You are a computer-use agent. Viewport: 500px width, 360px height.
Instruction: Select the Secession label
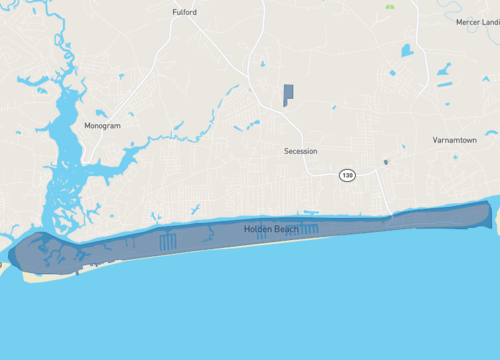(x=300, y=151)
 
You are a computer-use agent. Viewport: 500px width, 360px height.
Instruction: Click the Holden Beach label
(x=272, y=229)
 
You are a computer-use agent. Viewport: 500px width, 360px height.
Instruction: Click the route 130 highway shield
(x=347, y=175)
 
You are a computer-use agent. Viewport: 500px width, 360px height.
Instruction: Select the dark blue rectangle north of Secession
(x=288, y=95)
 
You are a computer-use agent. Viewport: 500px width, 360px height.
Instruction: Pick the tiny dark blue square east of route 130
(x=385, y=162)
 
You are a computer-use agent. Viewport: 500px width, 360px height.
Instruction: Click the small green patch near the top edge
(x=388, y=6)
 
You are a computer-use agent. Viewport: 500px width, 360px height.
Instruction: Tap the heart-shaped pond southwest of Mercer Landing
(x=406, y=50)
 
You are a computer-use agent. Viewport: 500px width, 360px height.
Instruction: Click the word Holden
(x=258, y=229)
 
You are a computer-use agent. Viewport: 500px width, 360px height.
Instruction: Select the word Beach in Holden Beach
(x=288, y=229)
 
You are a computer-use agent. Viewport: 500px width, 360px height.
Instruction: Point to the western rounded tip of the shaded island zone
(x=14, y=252)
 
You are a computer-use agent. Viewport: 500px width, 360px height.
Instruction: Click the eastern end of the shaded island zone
(x=488, y=212)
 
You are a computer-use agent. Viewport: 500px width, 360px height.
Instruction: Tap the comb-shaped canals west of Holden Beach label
(x=167, y=240)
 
